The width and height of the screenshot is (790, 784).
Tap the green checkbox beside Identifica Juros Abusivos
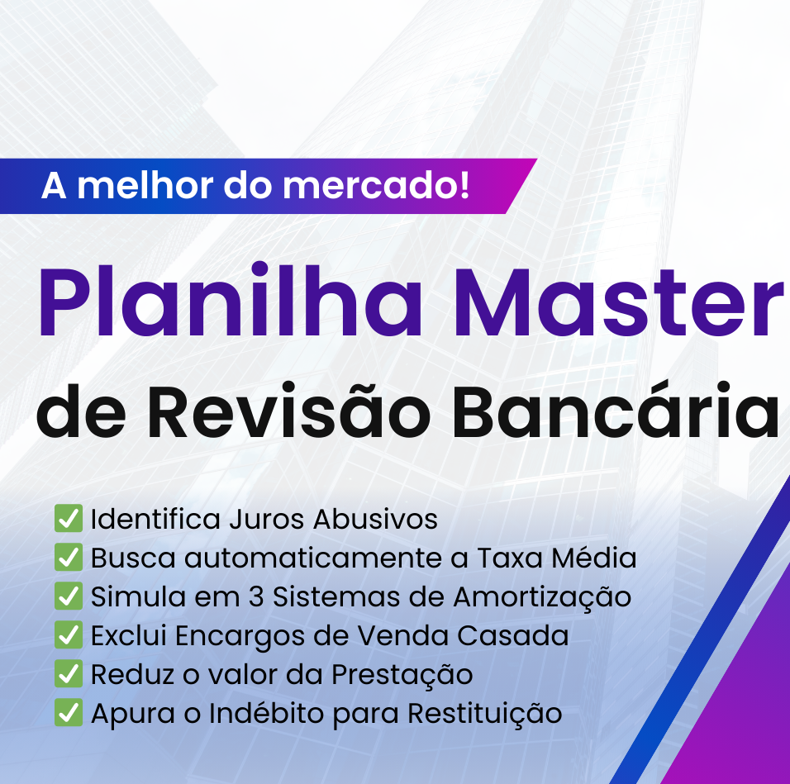click(x=69, y=520)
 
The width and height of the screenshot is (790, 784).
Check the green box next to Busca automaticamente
click(x=69, y=558)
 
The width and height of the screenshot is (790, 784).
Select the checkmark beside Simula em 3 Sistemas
click(x=69, y=596)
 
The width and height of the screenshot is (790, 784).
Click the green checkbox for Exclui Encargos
click(x=69, y=635)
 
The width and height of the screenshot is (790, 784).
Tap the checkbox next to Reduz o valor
click(x=69, y=674)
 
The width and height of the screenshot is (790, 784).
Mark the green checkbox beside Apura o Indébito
click(x=69, y=713)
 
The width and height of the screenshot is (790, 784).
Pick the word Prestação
click(x=402, y=675)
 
